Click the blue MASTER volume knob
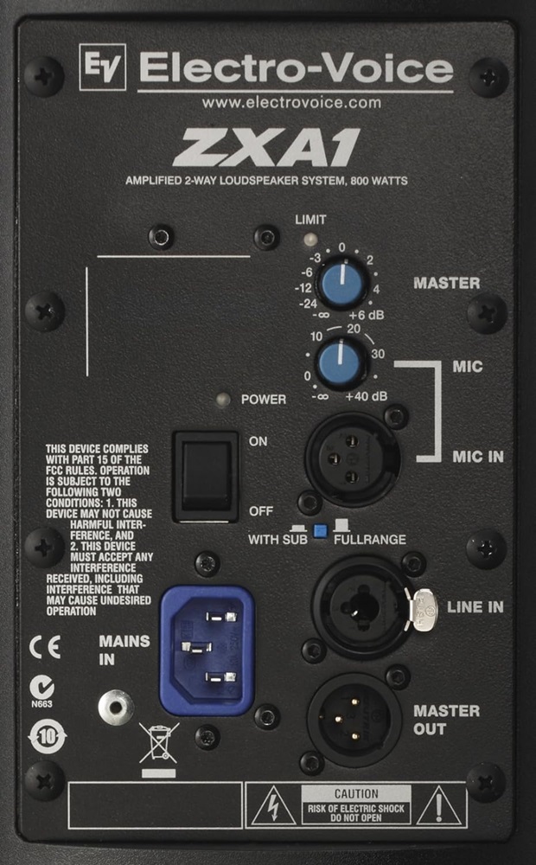click(341, 283)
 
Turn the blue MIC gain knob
click(341, 362)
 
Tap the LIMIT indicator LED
click(310, 239)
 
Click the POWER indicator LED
click(222, 400)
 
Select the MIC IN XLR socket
click(353, 458)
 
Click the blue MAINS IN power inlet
click(207, 650)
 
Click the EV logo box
click(103, 67)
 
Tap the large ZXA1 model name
click(266, 147)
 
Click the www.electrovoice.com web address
click(291, 103)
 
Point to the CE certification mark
click(45, 648)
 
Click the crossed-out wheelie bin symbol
click(159, 744)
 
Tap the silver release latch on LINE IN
click(424, 609)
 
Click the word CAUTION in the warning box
click(356, 794)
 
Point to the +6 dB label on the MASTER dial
click(367, 316)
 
